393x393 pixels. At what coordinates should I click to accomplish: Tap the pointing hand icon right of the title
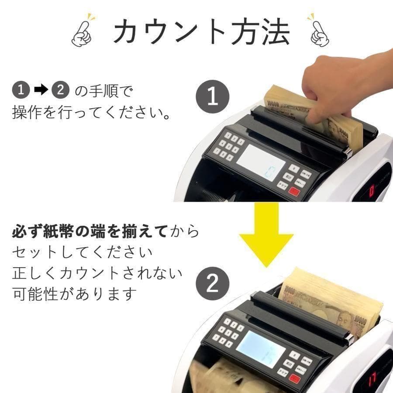pyautogui.click(x=319, y=31)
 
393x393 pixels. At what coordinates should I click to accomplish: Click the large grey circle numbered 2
pyautogui.click(x=212, y=284)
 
